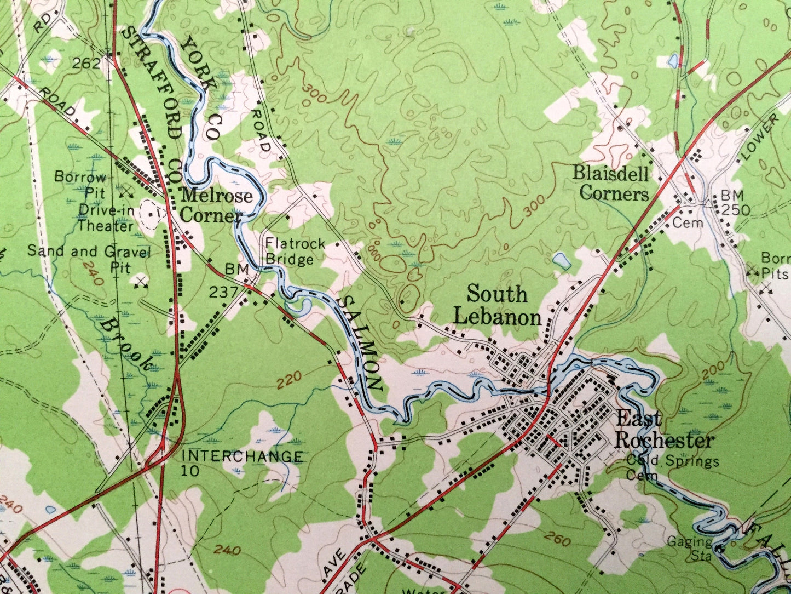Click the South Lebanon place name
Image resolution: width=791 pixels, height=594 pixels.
point(498,306)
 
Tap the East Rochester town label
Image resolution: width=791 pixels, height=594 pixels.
point(664,431)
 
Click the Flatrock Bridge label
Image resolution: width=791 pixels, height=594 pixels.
point(295,252)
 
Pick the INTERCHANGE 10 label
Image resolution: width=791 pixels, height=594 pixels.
point(241,463)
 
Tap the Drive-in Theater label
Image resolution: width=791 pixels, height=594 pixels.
point(106,218)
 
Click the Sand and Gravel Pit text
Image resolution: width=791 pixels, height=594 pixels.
point(89,259)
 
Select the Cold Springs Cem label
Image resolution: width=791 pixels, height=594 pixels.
point(672,467)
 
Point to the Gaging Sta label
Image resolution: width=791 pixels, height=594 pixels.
point(689,549)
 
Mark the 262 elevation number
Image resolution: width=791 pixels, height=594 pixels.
point(87,64)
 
